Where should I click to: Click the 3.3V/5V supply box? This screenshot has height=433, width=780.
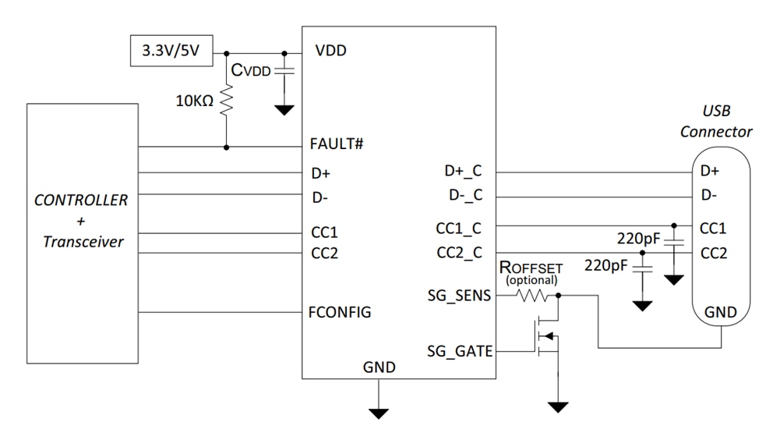tap(171, 53)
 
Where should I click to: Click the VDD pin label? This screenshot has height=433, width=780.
tap(330, 51)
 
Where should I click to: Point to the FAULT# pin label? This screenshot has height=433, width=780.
tap(337, 145)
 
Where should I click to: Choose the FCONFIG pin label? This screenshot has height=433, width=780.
tap(340, 312)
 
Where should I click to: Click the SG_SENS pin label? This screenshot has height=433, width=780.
tap(460, 296)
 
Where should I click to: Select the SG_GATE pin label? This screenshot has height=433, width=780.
tap(460, 351)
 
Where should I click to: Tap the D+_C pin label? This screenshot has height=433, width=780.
tap(464, 171)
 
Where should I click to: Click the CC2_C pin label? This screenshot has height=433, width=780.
tap(460, 253)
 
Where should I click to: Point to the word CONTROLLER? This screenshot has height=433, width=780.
tap(81, 200)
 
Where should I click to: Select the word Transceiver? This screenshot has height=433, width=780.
tap(83, 242)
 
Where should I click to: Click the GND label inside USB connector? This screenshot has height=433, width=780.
tap(720, 312)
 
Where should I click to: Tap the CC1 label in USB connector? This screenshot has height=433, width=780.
tap(714, 228)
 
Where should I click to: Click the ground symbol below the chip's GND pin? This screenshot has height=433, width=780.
tap(379, 410)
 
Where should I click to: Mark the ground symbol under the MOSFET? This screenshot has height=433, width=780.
tap(558, 406)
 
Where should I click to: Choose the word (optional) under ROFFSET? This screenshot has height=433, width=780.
tap(531, 279)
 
